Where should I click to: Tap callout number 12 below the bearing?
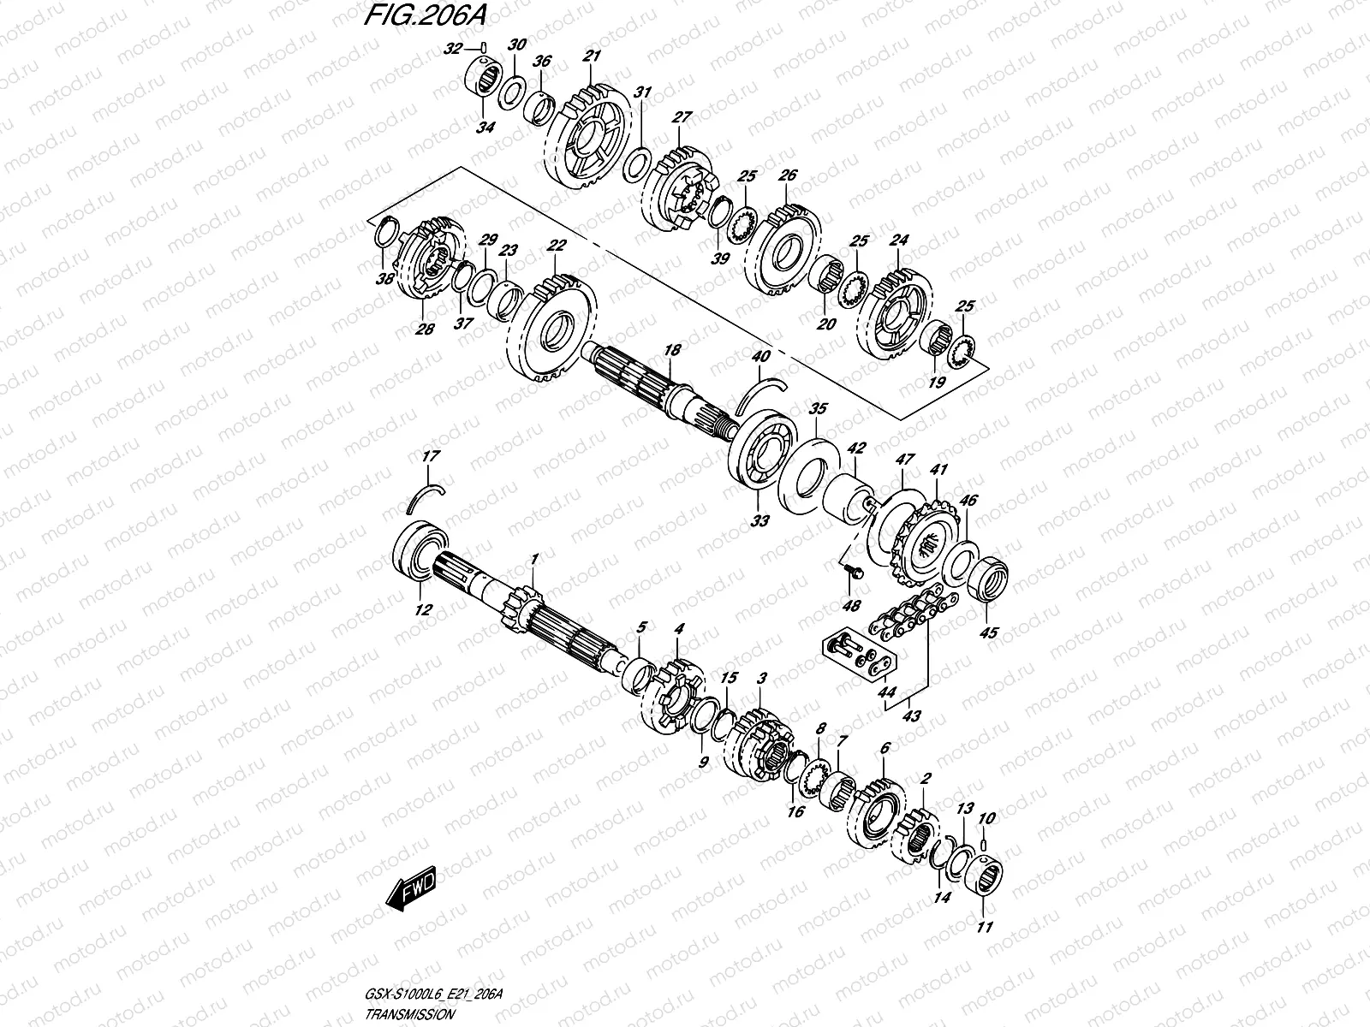[x=423, y=610]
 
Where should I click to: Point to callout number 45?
[x=988, y=633]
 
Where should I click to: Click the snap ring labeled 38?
[x=387, y=233]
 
